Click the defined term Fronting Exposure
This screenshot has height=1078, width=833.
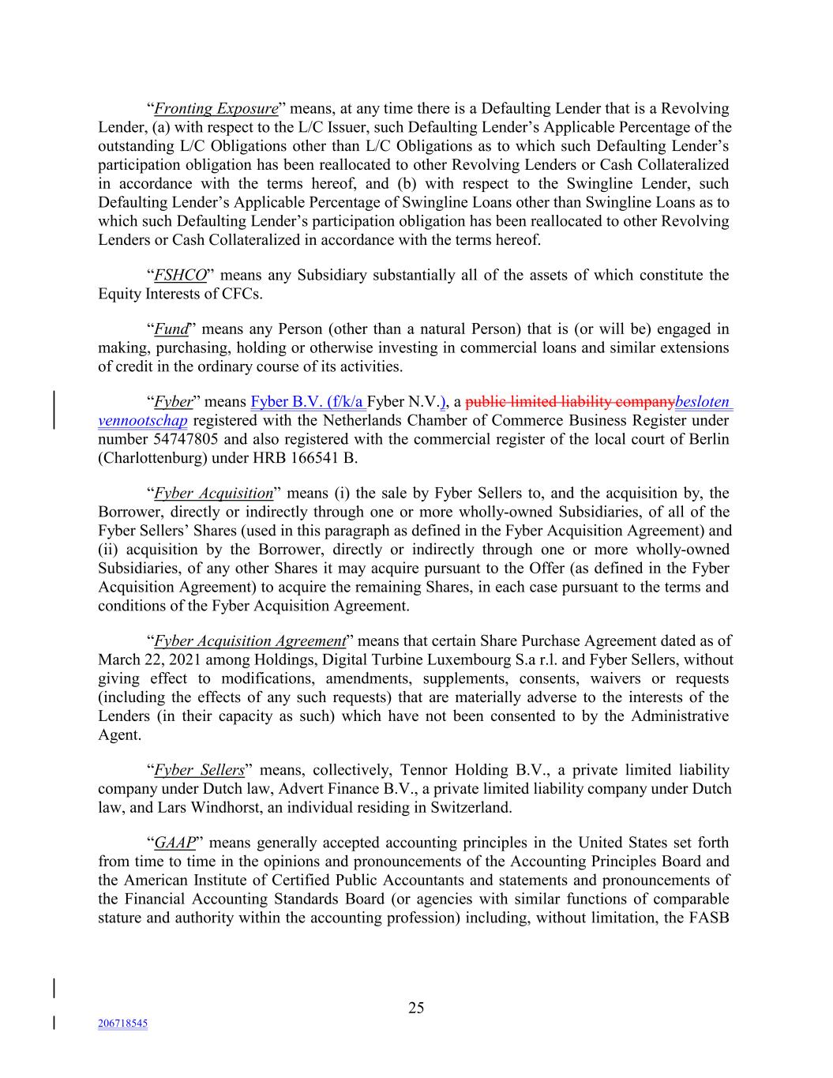coord(216,109)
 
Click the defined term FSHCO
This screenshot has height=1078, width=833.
coord(180,276)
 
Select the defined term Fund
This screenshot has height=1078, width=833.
coord(171,329)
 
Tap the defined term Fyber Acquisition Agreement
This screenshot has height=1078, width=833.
coord(250,641)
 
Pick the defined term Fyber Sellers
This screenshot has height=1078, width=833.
coord(199,770)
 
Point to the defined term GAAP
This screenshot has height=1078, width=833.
coord(174,843)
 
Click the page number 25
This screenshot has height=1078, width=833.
coord(416,1008)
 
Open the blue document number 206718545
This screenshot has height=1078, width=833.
coord(122,1024)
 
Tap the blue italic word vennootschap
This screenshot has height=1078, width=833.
coord(143,421)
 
